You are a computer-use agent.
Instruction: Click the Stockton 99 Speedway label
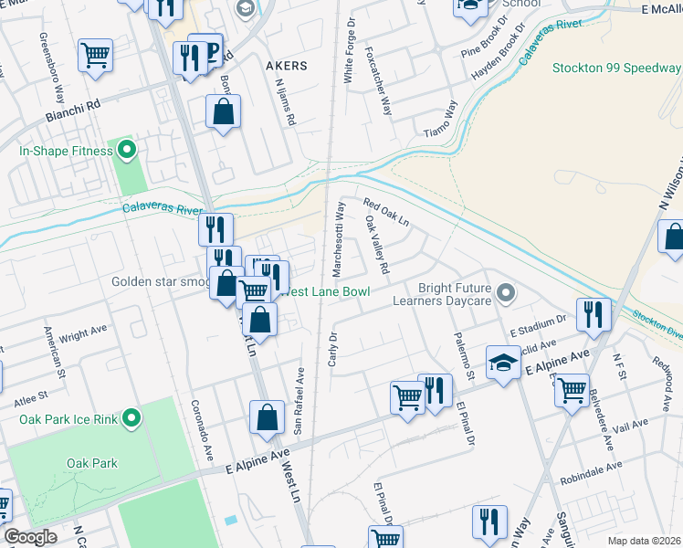click(616, 68)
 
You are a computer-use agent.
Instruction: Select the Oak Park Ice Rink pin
click(131, 419)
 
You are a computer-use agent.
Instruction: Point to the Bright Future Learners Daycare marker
click(509, 294)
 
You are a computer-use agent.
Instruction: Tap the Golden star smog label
click(161, 281)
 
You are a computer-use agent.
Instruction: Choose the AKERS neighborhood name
click(286, 67)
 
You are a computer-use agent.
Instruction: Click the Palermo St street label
click(465, 356)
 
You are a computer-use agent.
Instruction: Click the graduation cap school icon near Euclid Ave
click(503, 362)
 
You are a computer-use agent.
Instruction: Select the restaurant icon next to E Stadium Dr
click(594, 314)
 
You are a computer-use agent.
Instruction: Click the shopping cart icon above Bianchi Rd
click(95, 55)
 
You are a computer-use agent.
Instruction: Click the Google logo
click(30, 538)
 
